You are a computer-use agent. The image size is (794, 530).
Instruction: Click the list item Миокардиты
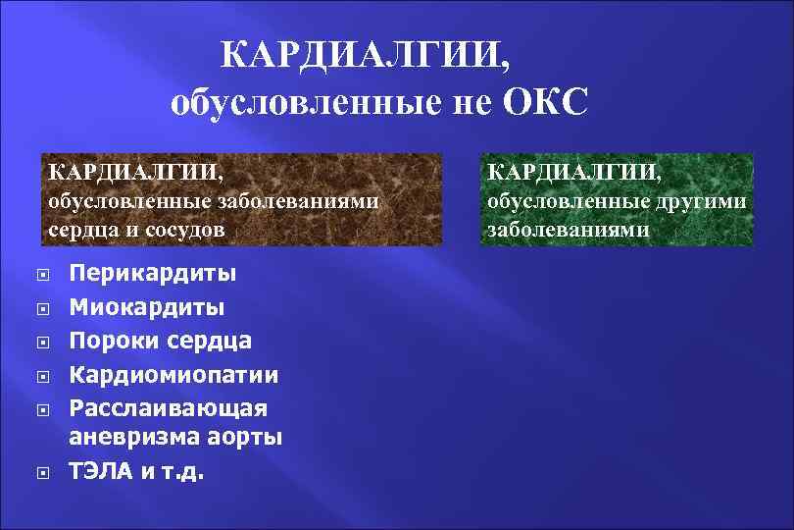click(146, 307)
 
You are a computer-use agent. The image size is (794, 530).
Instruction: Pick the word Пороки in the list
click(109, 341)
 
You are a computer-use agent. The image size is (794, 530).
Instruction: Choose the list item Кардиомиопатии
click(174, 375)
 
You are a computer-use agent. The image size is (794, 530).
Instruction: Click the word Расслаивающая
click(168, 407)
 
